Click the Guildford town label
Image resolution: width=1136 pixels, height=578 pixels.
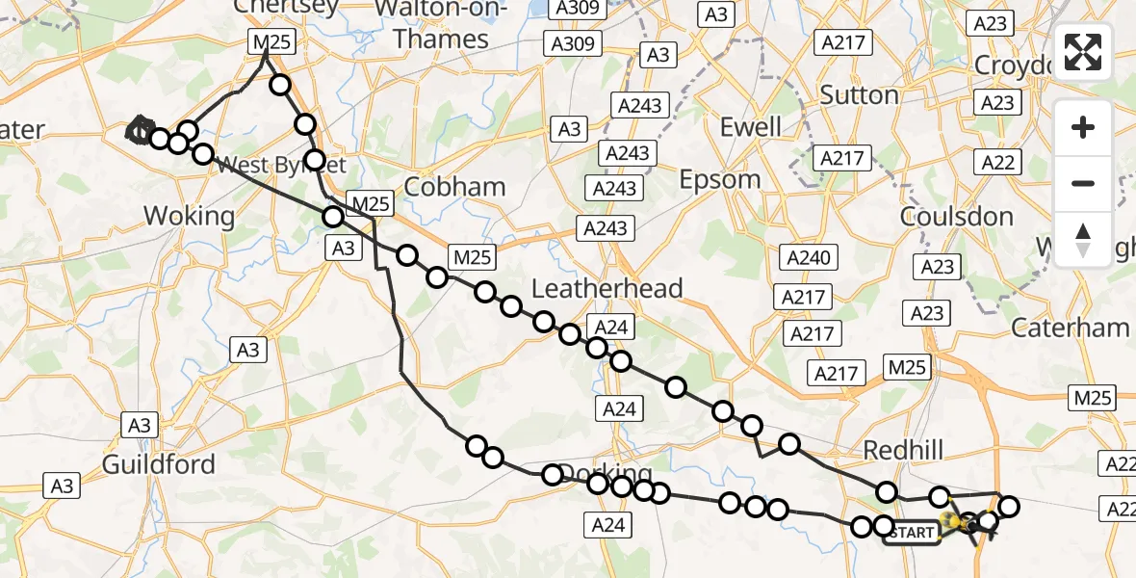(159, 464)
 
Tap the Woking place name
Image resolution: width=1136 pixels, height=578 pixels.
(189, 215)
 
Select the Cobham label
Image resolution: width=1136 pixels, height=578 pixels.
(455, 186)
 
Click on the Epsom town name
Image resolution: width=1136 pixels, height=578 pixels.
(720, 179)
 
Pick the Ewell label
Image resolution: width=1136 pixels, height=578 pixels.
(751, 126)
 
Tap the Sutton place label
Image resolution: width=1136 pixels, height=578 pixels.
(859, 95)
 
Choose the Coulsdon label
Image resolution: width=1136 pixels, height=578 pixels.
(957, 217)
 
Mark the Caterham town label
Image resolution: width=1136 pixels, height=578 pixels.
(1070, 328)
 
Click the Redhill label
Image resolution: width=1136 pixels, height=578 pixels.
(903, 450)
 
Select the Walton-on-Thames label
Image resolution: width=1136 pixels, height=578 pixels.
(441, 24)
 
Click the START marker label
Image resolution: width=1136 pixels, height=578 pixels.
(912, 533)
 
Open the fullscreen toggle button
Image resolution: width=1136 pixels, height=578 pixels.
(1083, 53)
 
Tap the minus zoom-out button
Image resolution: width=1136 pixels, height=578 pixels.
(1083, 183)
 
